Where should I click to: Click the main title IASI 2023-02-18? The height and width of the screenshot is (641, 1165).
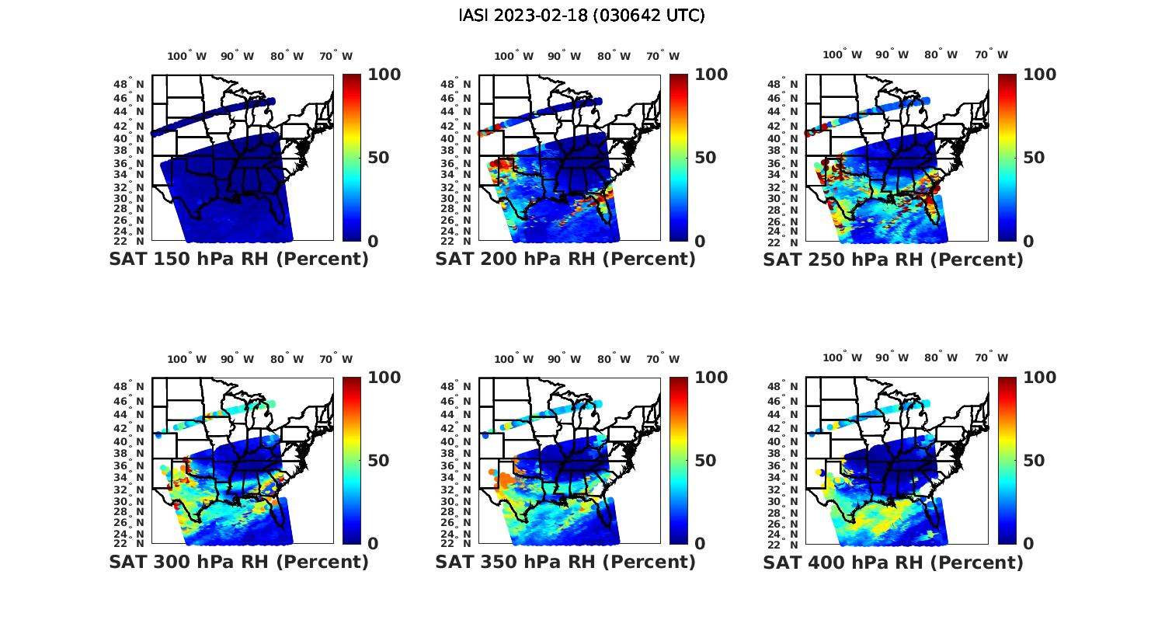point(582,16)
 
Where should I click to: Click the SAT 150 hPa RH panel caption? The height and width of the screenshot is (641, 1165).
point(238,260)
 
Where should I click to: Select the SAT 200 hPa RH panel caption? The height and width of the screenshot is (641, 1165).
point(565,260)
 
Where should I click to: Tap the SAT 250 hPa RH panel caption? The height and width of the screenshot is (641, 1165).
point(893,260)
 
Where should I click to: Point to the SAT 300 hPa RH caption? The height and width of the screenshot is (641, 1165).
point(238,562)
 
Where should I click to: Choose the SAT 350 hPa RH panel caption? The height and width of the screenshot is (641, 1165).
point(565,562)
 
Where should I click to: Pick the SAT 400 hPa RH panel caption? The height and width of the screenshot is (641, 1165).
point(893,562)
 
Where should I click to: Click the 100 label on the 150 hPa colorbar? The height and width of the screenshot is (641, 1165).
point(384,75)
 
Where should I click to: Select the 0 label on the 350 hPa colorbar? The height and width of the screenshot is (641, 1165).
point(700,544)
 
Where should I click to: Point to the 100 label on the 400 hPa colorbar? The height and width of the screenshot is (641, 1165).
point(1040,378)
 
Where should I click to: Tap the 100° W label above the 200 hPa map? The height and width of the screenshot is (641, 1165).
point(513,56)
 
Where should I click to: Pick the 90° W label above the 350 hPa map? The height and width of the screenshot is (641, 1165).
point(564,359)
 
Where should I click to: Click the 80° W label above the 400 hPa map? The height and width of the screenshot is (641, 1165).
point(941,357)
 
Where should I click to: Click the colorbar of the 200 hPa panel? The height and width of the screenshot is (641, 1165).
point(679,158)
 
